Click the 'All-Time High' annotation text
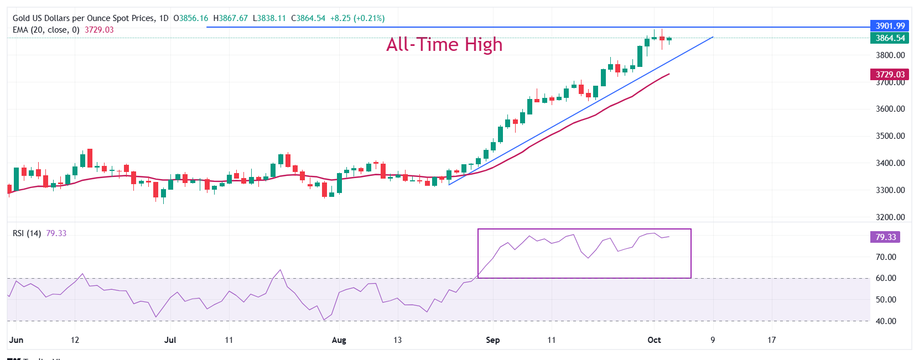(x=444, y=44)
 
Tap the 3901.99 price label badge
(x=890, y=25)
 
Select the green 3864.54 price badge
(x=890, y=38)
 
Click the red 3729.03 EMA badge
(x=890, y=74)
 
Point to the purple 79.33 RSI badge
(x=885, y=237)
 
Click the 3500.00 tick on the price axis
(x=890, y=136)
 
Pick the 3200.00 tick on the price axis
(x=890, y=217)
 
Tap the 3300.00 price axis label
(x=890, y=190)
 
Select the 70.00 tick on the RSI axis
(x=886, y=257)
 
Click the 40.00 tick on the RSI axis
(x=886, y=321)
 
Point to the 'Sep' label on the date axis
(x=492, y=340)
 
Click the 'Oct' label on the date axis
(x=654, y=340)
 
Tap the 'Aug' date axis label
(x=339, y=340)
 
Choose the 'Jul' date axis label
(x=170, y=340)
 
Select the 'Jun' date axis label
(x=17, y=340)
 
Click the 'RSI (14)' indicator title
(x=27, y=233)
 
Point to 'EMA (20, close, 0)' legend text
(x=46, y=30)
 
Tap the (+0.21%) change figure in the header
(x=371, y=18)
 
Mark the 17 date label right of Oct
(x=771, y=340)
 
